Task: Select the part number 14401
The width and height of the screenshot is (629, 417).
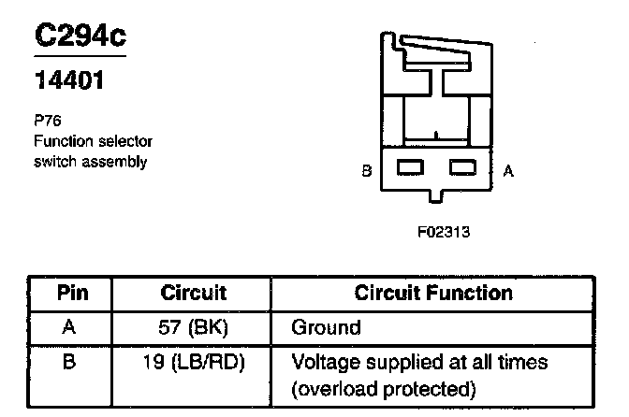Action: click(x=68, y=81)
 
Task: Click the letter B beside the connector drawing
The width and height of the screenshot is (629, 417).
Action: click(x=366, y=171)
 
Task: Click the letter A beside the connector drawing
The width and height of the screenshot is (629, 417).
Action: click(x=507, y=171)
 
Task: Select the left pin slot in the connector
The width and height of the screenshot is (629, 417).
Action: click(x=411, y=168)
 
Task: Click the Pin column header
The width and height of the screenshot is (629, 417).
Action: click(x=72, y=294)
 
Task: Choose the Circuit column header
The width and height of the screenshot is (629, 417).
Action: click(x=194, y=294)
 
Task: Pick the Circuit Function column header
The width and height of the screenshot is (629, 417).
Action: click(x=433, y=294)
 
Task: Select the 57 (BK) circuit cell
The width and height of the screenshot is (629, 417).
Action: click(x=193, y=328)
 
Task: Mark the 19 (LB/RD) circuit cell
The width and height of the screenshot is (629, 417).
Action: click(x=193, y=362)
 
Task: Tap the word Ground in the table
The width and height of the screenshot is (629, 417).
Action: click(x=326, y=328)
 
